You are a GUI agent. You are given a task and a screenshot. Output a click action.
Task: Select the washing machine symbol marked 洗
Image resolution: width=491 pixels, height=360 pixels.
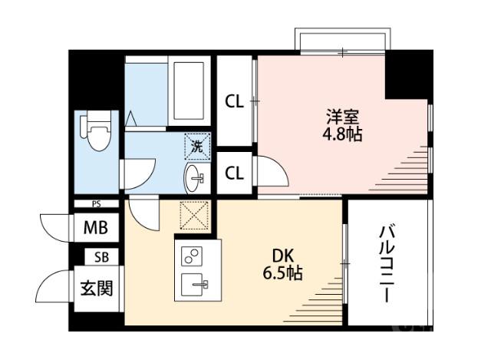click(x=196, y=144)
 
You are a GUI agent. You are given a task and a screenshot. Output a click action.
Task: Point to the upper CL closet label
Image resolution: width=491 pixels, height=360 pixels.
click(x=234, y=101)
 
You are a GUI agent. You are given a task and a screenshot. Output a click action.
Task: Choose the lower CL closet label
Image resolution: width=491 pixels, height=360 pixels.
click(x=234, y=173)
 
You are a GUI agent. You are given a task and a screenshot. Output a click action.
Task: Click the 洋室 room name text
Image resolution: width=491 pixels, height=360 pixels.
click(x=343, y=117)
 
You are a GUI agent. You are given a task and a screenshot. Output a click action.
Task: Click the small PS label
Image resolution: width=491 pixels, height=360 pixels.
click(x=97, y=204)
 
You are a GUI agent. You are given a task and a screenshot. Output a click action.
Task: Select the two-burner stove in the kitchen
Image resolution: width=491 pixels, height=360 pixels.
click(x=190, y=256)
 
